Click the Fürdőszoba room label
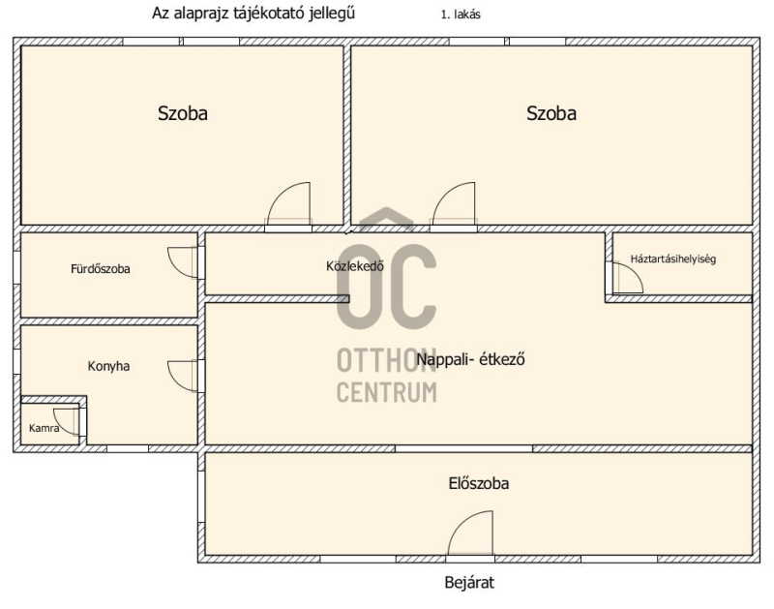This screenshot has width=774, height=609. [101, 269]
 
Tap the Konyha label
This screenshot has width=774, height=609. [108, 366]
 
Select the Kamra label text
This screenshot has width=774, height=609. [44, 428]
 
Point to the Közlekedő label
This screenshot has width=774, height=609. [355, 265]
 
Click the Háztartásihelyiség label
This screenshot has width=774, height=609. [672, 259]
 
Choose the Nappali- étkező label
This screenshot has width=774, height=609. [470, 358]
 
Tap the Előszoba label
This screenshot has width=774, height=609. [479, 483]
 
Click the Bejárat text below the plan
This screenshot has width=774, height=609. [469, 582]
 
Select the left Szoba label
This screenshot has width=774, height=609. [183, 113]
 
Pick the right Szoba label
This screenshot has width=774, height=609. [551, 113]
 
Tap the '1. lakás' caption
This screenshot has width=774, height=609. [461, 15]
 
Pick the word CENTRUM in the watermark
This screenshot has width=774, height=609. [386, 393]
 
